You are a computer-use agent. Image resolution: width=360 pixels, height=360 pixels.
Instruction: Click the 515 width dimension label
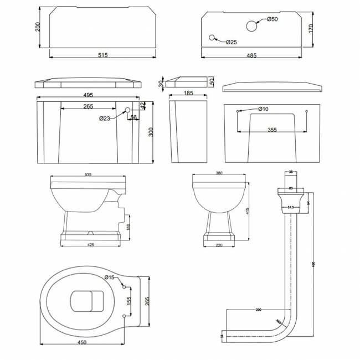pos(102,55)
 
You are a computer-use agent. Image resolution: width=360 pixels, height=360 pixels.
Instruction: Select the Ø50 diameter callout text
pos(272,20)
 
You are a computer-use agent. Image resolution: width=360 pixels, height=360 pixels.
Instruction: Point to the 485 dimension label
pos(251,55)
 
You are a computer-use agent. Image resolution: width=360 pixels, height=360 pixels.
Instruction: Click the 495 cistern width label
pos(88,95)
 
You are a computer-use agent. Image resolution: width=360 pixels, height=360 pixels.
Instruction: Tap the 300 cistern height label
pos(150,132)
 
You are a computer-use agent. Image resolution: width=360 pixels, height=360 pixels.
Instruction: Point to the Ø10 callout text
pos(263,109)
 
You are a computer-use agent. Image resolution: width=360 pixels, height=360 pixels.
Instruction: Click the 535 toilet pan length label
pos(88,174)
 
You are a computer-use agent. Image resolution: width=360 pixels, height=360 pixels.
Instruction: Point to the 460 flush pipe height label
pos(313,265)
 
